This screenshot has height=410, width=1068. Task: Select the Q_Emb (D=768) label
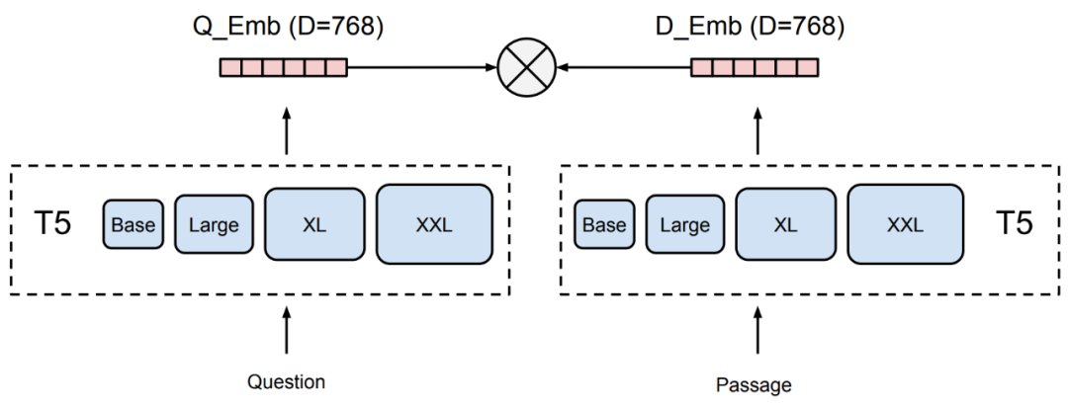tap(286, 28)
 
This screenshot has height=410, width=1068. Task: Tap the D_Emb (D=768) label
tap(756, 28)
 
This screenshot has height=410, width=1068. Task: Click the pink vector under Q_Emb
tap(283, 67)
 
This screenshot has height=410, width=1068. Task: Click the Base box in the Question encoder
tap(133, 225)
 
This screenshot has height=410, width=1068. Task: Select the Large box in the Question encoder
tap(214, 225)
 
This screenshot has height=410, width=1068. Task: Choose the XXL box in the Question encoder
tap(434, 224)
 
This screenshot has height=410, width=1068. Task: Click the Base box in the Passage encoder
tap(604, 225)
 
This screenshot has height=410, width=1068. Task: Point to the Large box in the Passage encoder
tap(685, 225)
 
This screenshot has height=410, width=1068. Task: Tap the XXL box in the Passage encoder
tap(905, 224)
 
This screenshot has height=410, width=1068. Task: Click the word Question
tap(286, 381)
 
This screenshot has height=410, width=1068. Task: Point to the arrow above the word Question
tap(287, 330)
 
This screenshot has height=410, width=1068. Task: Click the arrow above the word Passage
tap(757, 330)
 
